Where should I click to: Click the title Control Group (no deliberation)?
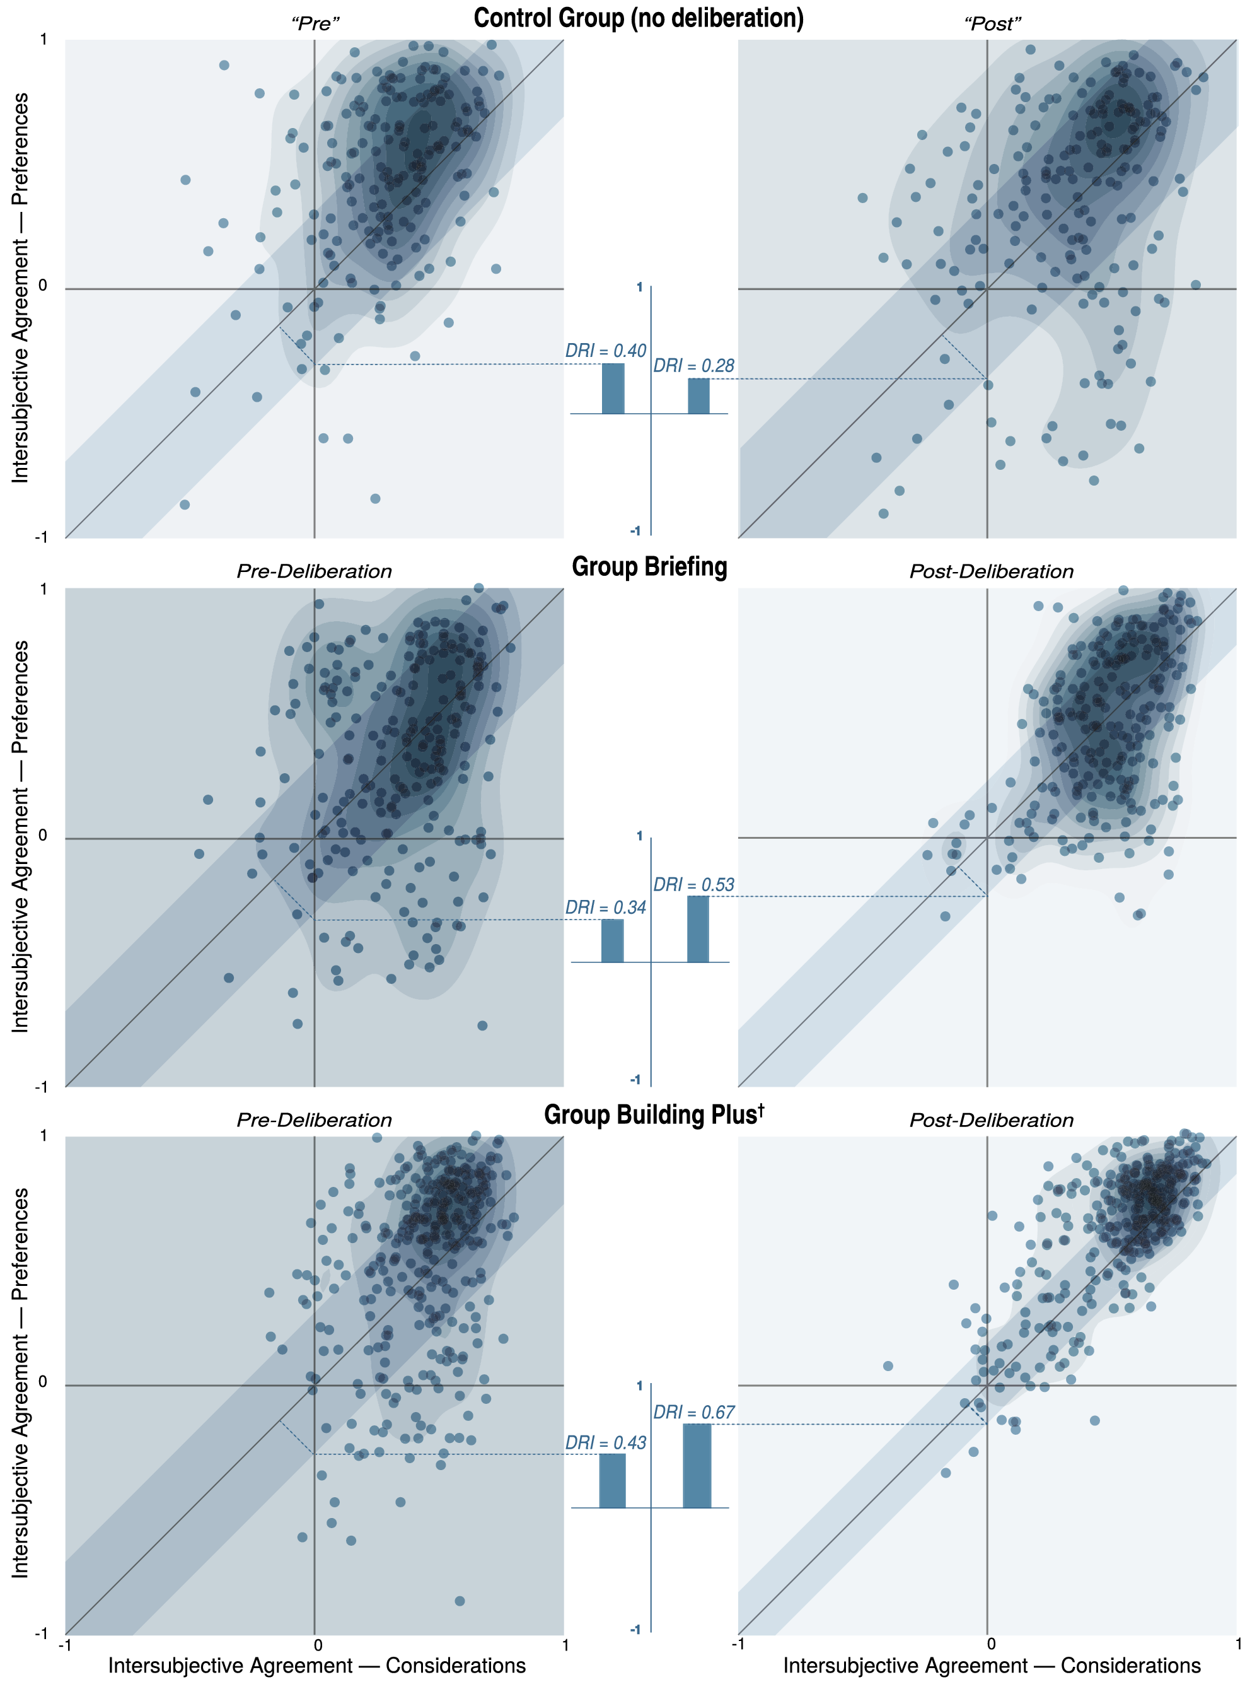click(639, 18)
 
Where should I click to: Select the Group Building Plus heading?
click(650, 1115)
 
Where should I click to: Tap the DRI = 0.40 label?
click(605, 351)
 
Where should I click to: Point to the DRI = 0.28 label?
click(693, 366)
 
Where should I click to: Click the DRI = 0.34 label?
click(605, 908)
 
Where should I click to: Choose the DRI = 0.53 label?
click(693, 884)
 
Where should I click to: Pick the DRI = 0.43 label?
click(605, 1442)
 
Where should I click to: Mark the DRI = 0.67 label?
click(693, 1412)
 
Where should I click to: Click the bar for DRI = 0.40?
click(613, 389)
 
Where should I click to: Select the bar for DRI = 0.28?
click(698, 397)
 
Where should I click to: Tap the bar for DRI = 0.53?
click(698, 929)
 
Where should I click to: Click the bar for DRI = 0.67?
click(697, 1466)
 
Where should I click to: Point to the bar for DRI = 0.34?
click(612, 941)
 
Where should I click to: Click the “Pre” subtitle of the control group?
click(315, 24)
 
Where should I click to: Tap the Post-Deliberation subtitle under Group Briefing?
click(991, 571)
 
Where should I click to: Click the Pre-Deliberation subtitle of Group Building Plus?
click(315, 1120)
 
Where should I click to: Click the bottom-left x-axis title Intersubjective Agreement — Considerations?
click(316, 1666)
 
